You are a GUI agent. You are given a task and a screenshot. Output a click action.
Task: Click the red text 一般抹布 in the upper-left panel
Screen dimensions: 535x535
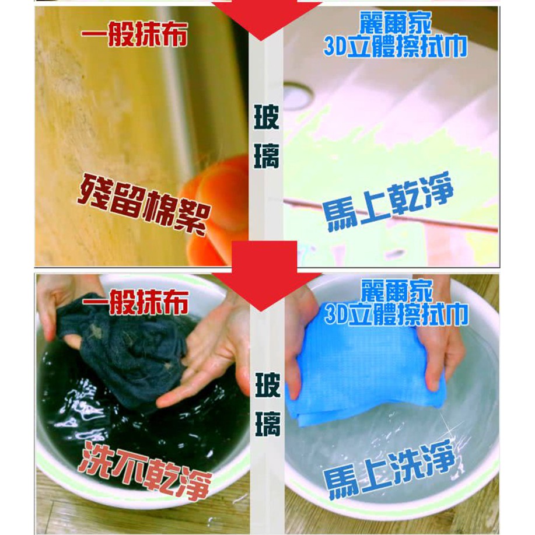point(134,33)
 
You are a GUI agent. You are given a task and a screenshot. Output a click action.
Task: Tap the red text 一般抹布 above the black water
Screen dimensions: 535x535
point(135,302)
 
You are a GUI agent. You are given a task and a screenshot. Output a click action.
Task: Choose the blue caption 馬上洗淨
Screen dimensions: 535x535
point(390,470)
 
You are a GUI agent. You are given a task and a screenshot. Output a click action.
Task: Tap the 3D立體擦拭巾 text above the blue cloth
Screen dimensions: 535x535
point(396,314)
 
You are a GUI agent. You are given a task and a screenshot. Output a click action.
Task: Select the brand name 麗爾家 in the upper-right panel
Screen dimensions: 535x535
point(396,23)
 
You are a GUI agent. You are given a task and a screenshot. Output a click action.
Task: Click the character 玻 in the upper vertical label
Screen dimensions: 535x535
point(267,117)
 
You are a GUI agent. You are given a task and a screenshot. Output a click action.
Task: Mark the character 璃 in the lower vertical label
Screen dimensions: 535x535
point(268,424)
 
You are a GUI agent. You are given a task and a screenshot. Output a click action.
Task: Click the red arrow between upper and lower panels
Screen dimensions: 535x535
point(264,276)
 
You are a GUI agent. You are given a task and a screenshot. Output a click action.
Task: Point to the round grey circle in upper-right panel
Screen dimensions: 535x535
point(298,95)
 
